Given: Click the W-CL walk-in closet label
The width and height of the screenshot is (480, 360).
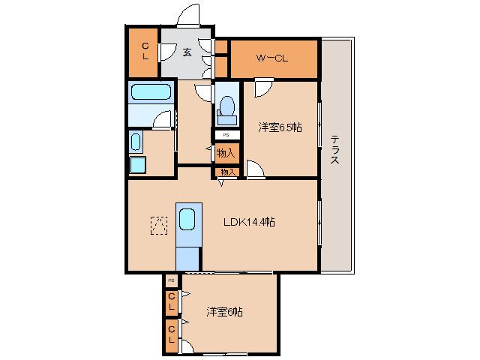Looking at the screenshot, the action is [271, 58].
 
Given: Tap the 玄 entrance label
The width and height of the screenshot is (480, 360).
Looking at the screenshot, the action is [187, 52].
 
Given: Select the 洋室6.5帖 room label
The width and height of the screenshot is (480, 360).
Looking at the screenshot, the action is [280, 127].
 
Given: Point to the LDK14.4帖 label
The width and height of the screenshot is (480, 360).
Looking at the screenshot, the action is [249, 222].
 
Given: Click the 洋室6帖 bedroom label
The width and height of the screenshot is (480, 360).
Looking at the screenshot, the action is [225, 312].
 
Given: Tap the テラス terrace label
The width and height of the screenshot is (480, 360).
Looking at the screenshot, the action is [334, 150].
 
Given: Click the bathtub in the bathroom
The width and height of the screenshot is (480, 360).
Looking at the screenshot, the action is [151, 91].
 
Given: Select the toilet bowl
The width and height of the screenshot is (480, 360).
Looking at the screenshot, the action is [227, 106].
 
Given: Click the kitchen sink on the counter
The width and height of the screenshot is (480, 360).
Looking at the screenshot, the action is [187, 219].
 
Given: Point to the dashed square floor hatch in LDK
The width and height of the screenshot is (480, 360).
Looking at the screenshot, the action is [159, 225].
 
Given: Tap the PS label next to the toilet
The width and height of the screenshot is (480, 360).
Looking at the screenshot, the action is [226, 135].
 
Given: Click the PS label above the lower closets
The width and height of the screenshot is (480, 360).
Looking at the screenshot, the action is [172, 280].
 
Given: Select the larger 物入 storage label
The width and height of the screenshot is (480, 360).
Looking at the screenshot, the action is [226, 153].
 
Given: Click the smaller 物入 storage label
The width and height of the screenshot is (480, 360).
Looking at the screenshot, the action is [228, 172].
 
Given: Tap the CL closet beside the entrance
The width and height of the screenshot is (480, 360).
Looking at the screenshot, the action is [145, 51].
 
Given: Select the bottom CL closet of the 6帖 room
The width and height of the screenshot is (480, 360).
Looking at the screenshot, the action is [172, 335].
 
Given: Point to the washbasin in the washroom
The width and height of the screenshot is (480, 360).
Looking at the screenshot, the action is [136, 142].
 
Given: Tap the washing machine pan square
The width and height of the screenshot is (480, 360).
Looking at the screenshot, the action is [138, 165].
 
